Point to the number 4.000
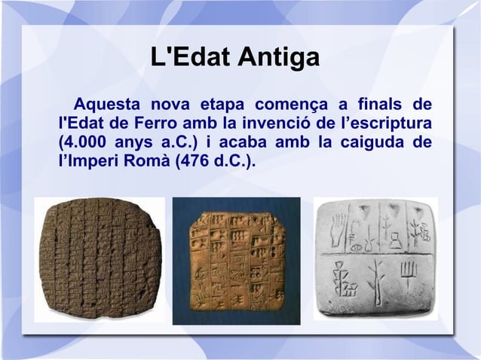(x=82, y=142)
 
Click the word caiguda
(x=369, y=142)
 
